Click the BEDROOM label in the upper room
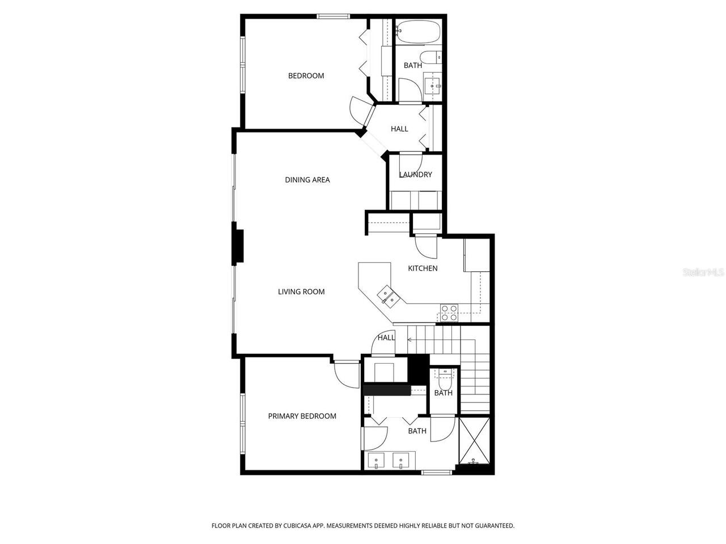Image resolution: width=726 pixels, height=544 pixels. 306,76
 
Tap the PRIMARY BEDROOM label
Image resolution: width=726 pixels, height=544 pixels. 302,416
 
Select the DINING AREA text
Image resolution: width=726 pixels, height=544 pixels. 307,180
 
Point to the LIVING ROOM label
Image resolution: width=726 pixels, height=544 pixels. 301,292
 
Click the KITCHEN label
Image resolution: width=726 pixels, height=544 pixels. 423,269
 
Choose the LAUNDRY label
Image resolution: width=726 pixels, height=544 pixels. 416,175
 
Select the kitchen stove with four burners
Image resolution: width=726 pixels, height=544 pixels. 449,313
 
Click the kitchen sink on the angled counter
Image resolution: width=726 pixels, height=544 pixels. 387,295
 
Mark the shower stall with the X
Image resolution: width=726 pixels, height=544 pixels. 474,439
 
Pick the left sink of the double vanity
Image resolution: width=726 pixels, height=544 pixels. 376,460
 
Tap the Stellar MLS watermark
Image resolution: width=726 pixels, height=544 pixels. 703,273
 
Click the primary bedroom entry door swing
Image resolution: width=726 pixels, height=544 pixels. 346,374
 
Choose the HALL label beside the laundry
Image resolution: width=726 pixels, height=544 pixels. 399,129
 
